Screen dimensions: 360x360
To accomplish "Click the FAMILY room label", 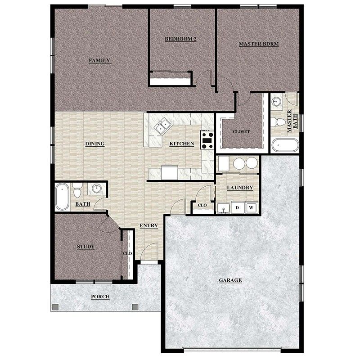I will point(99,60).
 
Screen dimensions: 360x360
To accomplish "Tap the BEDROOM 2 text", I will point(180,39).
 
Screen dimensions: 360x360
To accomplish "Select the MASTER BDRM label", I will point(258,44).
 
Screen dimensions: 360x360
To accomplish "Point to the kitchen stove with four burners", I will point(207,140).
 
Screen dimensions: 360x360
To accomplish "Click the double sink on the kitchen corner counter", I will point(162,126).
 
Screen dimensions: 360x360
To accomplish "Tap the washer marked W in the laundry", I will point(251,207).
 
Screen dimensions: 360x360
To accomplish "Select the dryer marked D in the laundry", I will point(237,207).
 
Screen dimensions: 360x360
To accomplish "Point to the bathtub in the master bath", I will point(285,145).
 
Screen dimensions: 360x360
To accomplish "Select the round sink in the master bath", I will point(277,101).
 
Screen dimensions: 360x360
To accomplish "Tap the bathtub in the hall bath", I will point(62,197).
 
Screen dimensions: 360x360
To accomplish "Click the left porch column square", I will point(55,307).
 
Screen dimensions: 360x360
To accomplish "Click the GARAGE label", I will point(230,280).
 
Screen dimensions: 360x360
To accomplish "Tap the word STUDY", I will point(85,247).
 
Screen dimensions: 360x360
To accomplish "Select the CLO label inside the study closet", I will point(127,253).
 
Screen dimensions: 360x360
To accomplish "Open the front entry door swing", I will point(150,252).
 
